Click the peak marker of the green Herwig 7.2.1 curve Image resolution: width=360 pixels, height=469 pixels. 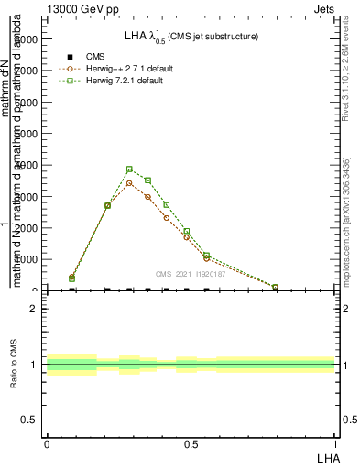point(130,169)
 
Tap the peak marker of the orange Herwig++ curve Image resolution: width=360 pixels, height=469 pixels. point(130,183)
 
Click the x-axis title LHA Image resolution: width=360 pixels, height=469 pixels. point(327,456)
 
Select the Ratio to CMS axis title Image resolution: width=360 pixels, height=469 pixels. point(15,365)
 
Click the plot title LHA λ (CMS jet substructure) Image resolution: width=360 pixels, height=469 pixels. point(191,37)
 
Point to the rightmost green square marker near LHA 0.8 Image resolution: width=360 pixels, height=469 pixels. point(275,287)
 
